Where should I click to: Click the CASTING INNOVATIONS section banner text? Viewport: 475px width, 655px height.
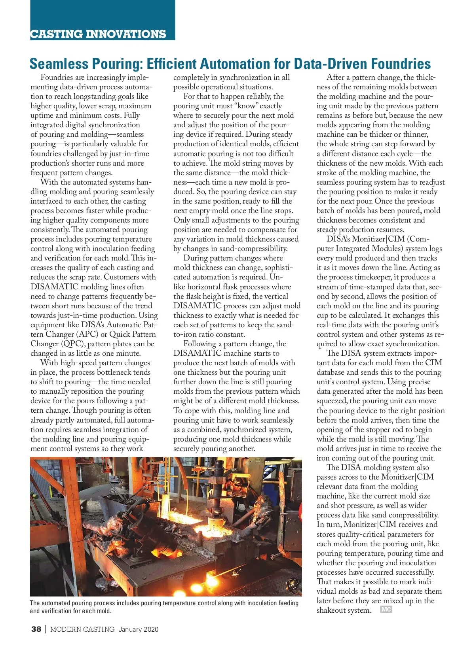[x=98, y=34]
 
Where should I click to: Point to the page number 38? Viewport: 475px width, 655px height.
[x=36, y=629]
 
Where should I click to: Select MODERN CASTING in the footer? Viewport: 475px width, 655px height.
[x=82, y=629]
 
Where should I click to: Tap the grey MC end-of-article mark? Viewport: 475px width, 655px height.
[x=386, y=610]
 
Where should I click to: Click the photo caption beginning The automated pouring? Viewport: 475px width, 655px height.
[x=164, y=607]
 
